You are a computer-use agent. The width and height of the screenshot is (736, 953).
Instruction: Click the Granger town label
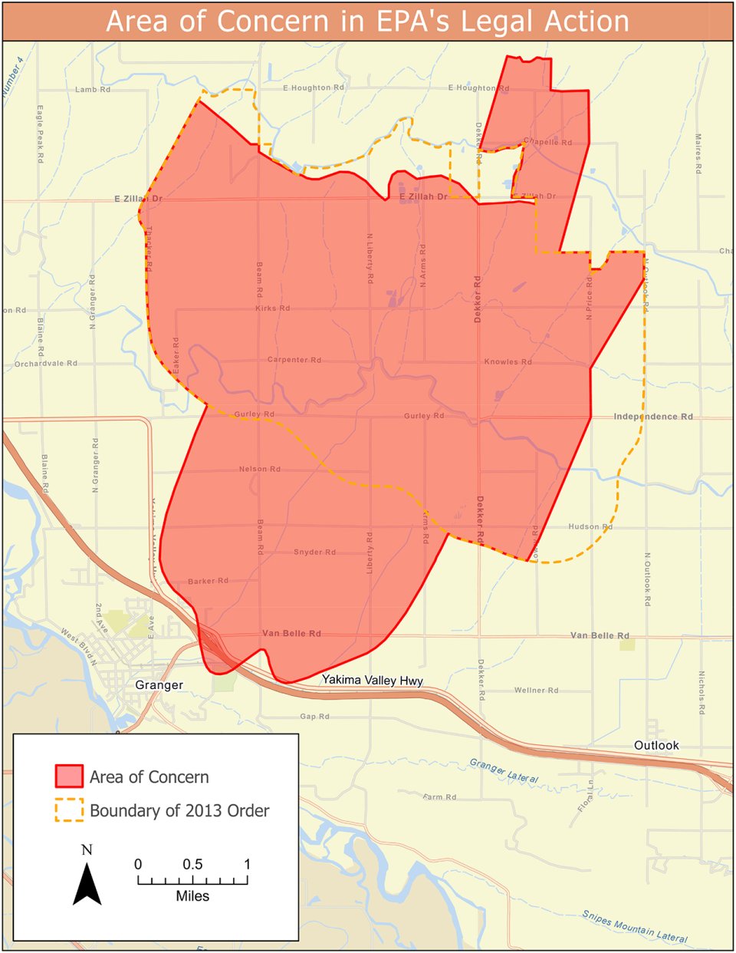[x=159, y=685]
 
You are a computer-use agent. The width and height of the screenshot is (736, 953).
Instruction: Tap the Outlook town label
[x=656, y=746]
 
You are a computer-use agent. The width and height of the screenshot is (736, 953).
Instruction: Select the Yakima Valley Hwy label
[x=372, y=680]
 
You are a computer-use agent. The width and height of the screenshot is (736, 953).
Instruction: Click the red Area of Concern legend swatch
[x=68, y=777]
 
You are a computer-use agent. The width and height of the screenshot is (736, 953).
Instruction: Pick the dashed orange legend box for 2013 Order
[x=68, y=810]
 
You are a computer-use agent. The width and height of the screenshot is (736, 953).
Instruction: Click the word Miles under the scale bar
[x=192, y=896]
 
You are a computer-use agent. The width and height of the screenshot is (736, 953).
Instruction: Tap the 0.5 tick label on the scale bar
[x=192, y=865]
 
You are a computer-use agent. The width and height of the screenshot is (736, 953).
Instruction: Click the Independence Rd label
[x=653, y=417]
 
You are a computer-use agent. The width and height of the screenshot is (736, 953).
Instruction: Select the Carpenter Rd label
[x=294, y=360]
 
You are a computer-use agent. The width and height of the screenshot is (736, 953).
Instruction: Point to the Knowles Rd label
[x=508, y=361]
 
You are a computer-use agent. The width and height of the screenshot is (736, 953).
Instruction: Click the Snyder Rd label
[x=314, y=552]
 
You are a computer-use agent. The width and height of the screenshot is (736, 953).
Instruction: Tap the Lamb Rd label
[x=93, y=90]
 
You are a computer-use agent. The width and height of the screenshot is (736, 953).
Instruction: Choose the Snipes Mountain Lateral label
[x=634, y=926]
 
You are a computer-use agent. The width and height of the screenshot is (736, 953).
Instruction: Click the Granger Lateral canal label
[x=503, y=771]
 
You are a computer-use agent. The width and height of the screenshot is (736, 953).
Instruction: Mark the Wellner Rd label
[x=536, y=691]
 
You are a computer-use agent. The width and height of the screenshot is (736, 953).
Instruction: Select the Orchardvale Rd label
[x=45, y=364]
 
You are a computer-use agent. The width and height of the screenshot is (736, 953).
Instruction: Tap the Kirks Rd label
[x=272, y=308]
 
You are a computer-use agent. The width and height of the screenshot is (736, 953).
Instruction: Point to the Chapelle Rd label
[x=547, y=142]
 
